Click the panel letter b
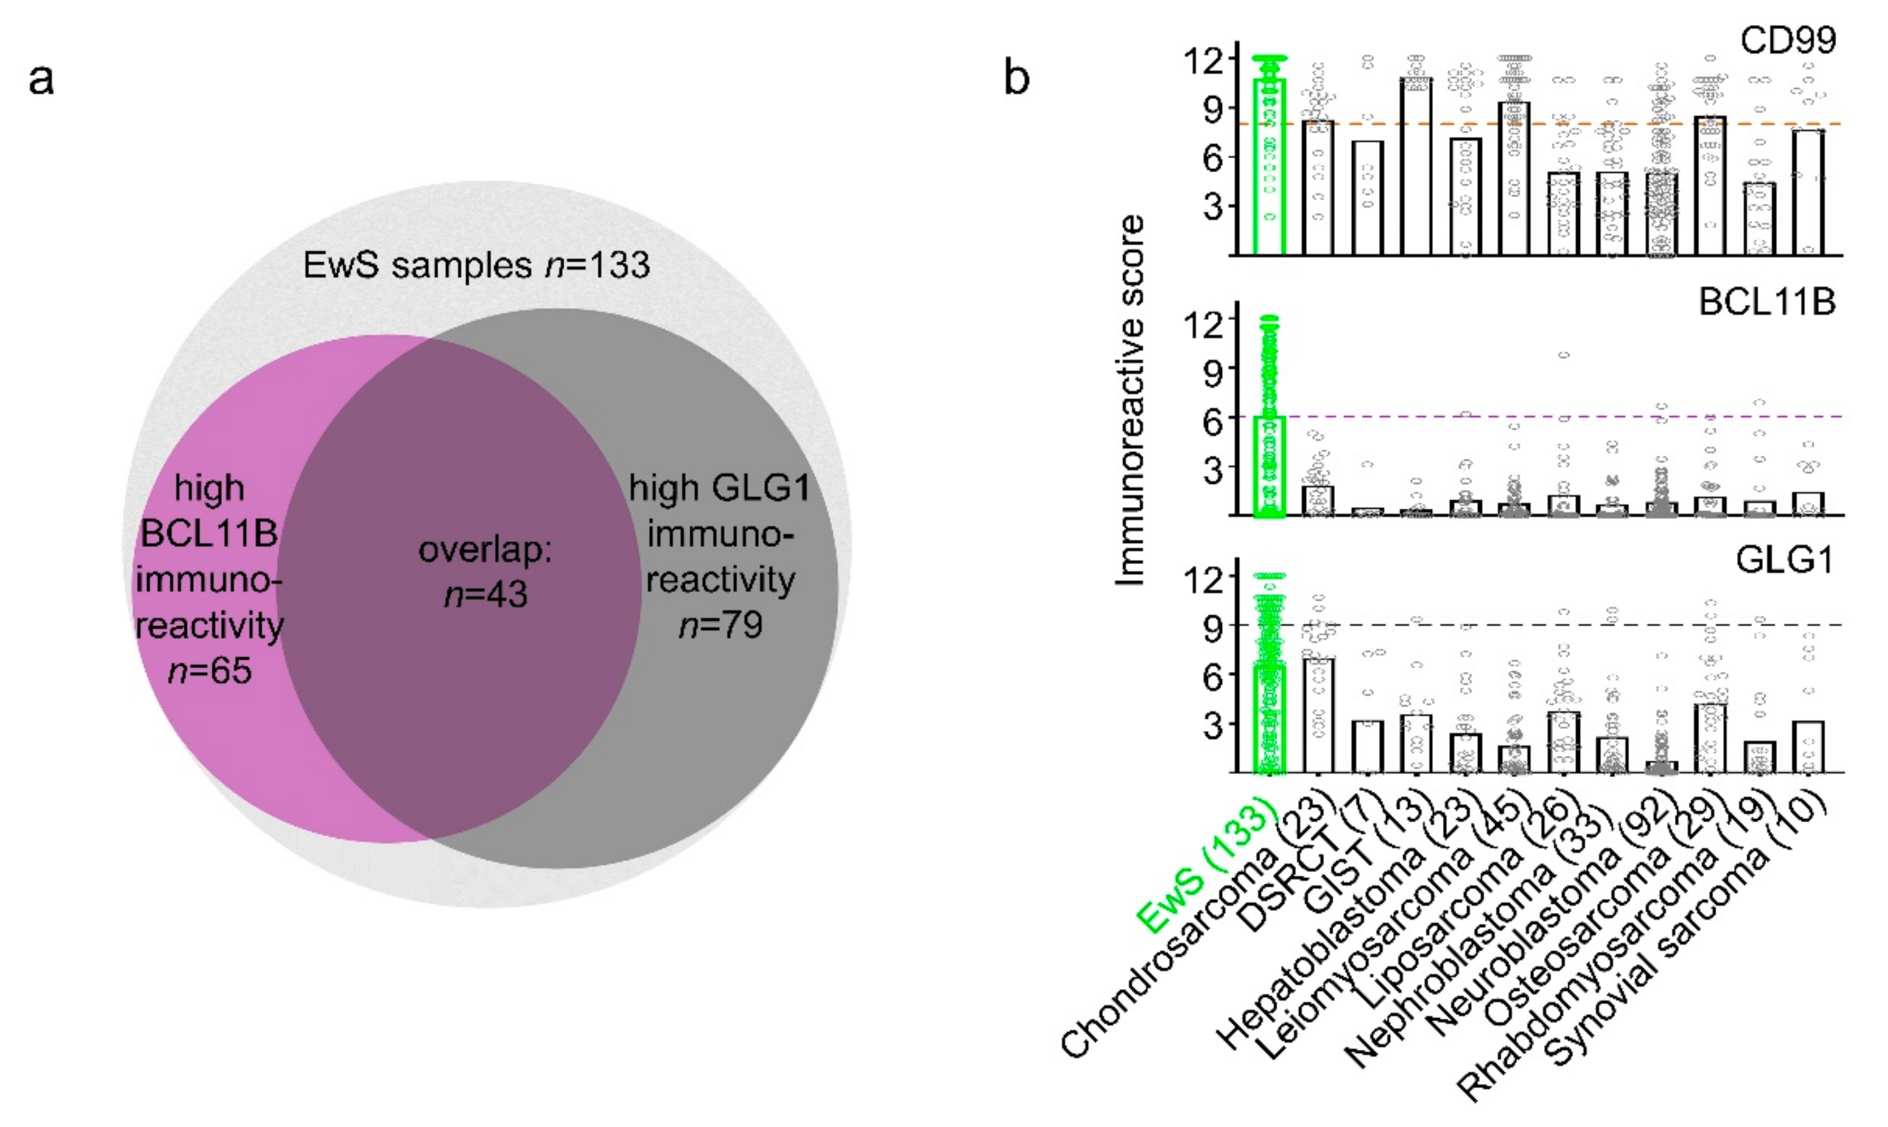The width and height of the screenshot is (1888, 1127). point(1016,79)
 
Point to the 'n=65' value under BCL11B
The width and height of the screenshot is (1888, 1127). point(209,671)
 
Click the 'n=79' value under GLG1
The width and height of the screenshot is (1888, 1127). point(720,625)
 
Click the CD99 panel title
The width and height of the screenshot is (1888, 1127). point(1788,39)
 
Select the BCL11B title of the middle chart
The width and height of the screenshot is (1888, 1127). point(1766,302)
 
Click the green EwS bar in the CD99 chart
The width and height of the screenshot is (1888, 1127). point(1269,167)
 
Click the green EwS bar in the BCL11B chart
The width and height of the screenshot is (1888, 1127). point(1269,467)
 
